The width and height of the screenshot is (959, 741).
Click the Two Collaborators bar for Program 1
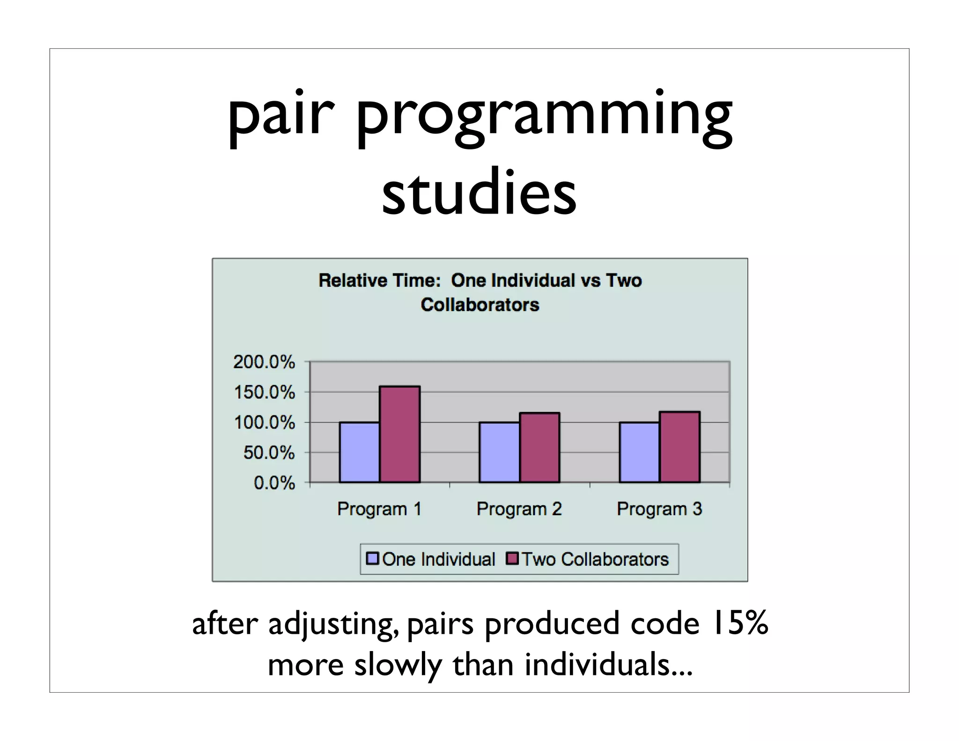(x=399, y=434)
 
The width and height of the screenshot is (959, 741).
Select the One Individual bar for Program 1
(x=359, y=452)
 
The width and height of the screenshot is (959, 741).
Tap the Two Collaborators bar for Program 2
(x=539, y=447)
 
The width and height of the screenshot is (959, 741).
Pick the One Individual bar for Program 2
(x=499, y=452)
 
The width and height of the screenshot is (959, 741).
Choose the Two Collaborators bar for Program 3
(x=679, y=447)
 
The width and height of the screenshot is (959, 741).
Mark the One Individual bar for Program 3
(x=639, y=452)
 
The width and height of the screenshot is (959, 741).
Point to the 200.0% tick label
(x=264, y=362)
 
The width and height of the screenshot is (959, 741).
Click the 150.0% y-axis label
(x=264, y=393)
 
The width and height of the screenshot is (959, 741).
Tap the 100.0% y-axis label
(x=264, y=423)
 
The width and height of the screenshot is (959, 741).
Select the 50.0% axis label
(x=269, y=453)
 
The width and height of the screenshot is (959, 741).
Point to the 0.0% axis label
(x=274, y=483)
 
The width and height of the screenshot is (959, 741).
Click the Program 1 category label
(x=379, y=509)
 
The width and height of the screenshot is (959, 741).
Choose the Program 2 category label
(x=519, y=509)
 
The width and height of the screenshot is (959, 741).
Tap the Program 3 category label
(x=659, y=509)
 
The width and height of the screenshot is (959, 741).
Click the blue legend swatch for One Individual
(x=372, y=559)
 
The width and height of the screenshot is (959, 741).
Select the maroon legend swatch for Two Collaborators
(x=512, y=559)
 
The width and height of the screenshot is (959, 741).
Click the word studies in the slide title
(x=479, y=193)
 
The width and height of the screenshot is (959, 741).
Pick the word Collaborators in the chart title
(x=479, y=305)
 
